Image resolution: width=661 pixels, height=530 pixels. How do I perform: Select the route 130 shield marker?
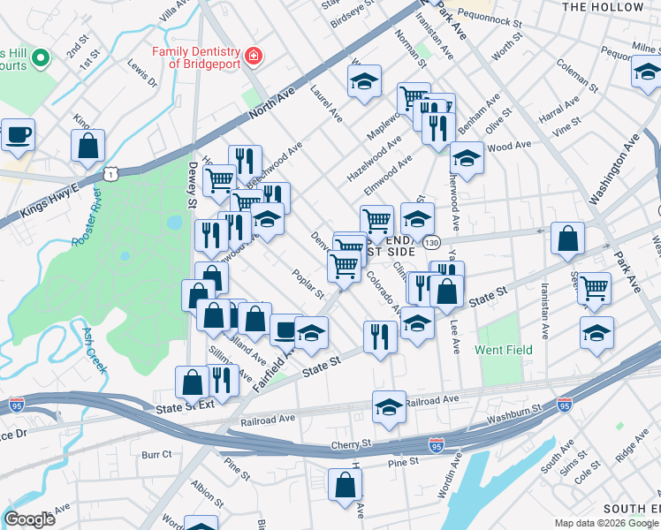430,241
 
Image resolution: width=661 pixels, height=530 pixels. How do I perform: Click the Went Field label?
504,350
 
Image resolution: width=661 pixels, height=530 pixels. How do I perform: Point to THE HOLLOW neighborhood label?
604,7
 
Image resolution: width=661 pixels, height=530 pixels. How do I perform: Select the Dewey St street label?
192,185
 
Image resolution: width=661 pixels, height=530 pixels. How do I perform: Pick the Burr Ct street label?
156,454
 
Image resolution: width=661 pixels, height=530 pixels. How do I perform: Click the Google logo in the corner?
29,519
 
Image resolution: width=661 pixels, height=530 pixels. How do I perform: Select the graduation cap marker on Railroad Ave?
389,406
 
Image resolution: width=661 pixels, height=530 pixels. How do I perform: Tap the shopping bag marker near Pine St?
345,484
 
